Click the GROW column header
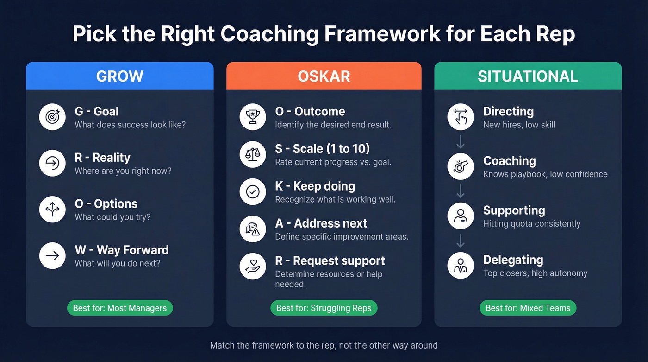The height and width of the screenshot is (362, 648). point(119,76)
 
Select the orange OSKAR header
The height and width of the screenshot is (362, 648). point(324,76)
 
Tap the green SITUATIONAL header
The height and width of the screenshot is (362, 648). point(528,76)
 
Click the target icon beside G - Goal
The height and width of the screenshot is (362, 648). point(52,117)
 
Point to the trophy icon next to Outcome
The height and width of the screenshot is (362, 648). point(253,117)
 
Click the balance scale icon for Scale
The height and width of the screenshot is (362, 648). point(253,154)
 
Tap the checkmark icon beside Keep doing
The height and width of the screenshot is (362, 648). point(253,192)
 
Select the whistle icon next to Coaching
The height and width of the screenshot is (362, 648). point(461,166)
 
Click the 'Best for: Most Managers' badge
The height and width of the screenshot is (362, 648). point(120,308)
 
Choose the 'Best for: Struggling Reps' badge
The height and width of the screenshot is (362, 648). point(324,308)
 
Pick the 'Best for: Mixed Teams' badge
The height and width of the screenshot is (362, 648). point(528,308)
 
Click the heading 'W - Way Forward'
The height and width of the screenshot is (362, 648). point(122,250)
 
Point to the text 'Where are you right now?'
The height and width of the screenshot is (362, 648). point(123,171)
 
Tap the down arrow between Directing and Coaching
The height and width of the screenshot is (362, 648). point(461,141)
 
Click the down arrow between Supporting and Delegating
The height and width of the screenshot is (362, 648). point(461,241)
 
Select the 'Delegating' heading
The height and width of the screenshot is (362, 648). point(513,260)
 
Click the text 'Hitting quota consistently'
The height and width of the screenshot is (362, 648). point(531,224)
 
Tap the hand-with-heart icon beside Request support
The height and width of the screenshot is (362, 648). point(253,267)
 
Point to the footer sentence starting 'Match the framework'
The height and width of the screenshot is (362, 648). point(324,345)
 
